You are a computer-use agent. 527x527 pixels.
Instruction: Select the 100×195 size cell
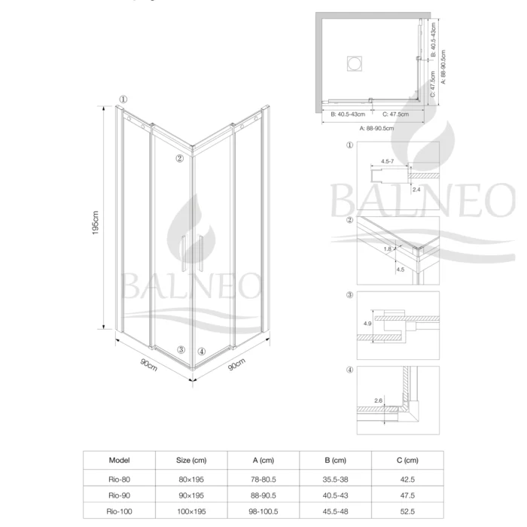(x=190, y=510)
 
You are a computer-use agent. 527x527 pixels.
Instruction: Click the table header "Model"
(x=120, y=459)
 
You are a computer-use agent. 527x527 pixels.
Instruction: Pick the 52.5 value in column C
(x=410, y=510)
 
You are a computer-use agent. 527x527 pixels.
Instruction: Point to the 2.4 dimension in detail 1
(x=416, y=190)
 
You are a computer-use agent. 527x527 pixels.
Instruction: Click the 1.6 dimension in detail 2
(x=387, y=248)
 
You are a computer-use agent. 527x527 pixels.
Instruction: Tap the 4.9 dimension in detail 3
(x=367, y=324)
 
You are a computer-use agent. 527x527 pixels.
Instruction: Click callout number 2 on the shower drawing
(x=179, y=158)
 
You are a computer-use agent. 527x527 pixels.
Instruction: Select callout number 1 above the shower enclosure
(x=123, y=99)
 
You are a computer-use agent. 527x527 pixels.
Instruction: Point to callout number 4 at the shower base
(x=201, y=351)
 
